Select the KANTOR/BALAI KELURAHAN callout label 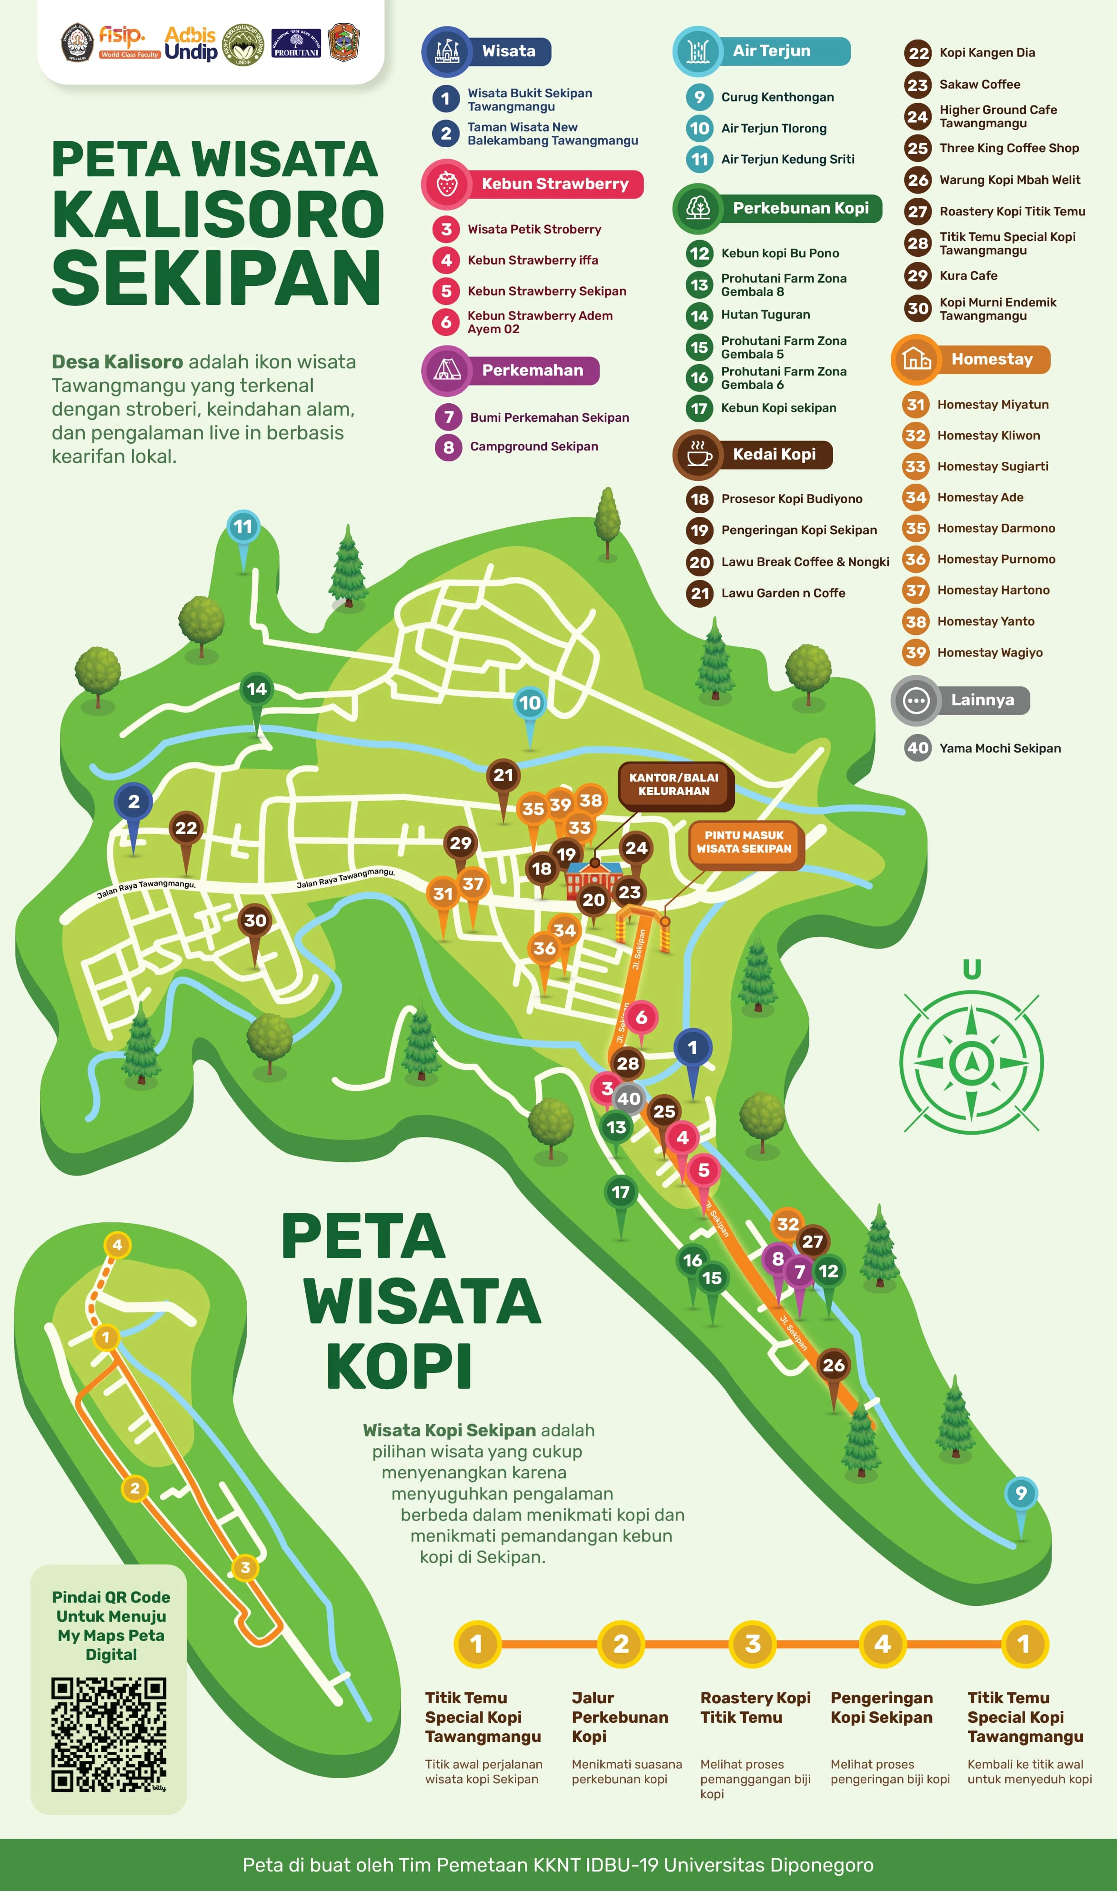click(673, 785)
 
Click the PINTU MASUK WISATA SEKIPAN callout click(743, 841)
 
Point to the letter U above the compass click(972, 968)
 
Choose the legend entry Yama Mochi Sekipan click(1000, 748)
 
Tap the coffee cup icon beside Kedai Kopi click(698, 455)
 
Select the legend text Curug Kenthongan click(777, 97)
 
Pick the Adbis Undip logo click(190, 43)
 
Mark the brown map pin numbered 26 click(833, 1366)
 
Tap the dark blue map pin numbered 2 click(133, 802)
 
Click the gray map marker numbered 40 click(628, 1098)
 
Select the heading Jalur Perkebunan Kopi click(619, 1717)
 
